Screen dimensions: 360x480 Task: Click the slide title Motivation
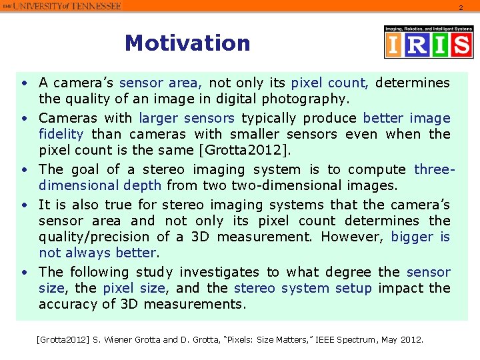pyautogui.click(x=187, y=43)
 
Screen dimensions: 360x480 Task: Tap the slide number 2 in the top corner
pyautogui.click(x=459, y=7)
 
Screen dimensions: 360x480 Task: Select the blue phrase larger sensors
pyautogui.click(x=187, y=118)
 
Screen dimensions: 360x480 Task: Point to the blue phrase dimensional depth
pyautogui.click(x=100, y=185)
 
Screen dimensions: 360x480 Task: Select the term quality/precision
pyautogui.click(x=95, y=237)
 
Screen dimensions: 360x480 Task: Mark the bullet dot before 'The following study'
pyautogui.click(x=23, y=272)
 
